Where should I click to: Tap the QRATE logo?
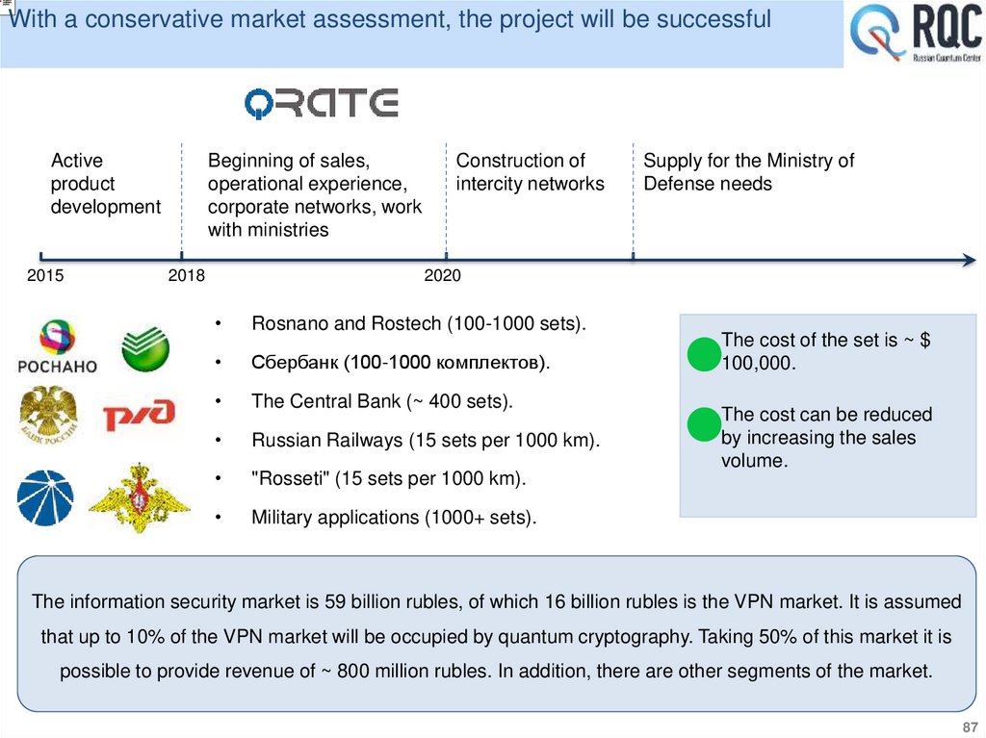tap(321, 103)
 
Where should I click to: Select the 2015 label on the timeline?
tap(45, 276)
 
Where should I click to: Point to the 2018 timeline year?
tap(187, 276)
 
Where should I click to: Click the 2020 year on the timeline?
tap(443, 276)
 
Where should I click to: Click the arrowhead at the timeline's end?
tap(970, 258)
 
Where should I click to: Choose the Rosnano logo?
tap(58, 347)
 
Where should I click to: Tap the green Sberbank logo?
tap(145, 350)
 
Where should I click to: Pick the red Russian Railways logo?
tap(140, 415)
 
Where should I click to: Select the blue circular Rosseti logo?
tap(44, 497)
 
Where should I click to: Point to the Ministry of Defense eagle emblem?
tap(139, 498)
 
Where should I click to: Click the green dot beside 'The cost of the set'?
tap(704, 353)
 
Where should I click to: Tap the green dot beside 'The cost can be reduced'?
tap(704, 423)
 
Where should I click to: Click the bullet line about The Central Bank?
tap(381, 401)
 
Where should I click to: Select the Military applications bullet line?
tap(393, 518)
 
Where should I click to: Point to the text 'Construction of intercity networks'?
tap(530, 172)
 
